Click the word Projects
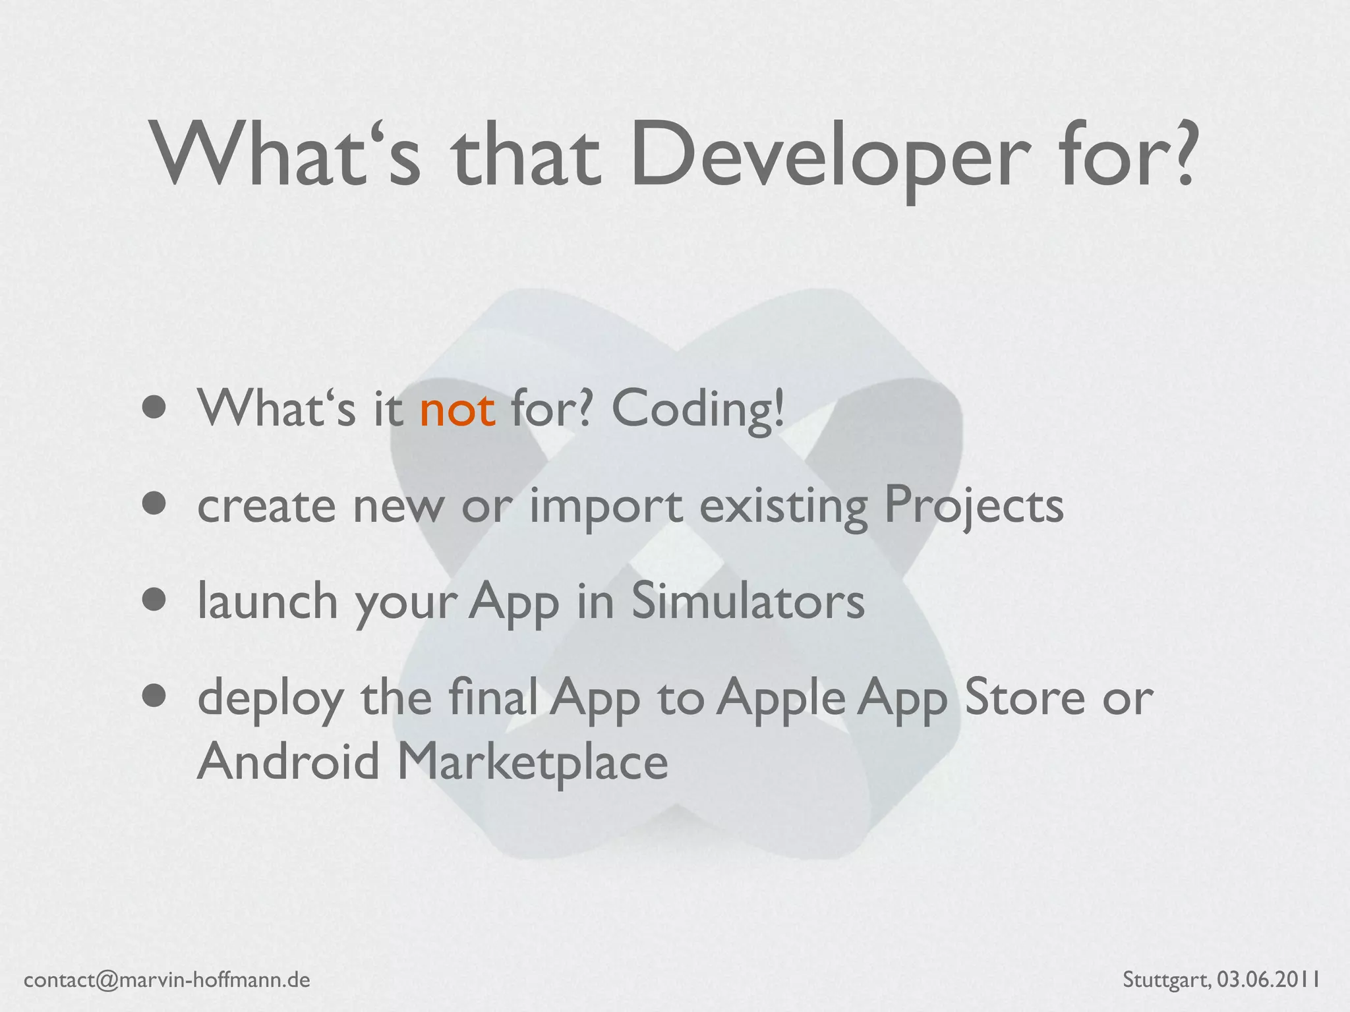[x=973, y=506]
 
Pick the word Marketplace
[x=533, y=762]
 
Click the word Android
[x=289, y=762]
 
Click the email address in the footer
[x=167, y=980]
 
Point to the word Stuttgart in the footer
[x=1165, y=980]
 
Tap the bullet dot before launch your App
[x=156, y=600]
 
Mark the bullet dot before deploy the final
[x=156, y=696]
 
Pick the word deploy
[x=270, y=698]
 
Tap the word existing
[x=783, y=506]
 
